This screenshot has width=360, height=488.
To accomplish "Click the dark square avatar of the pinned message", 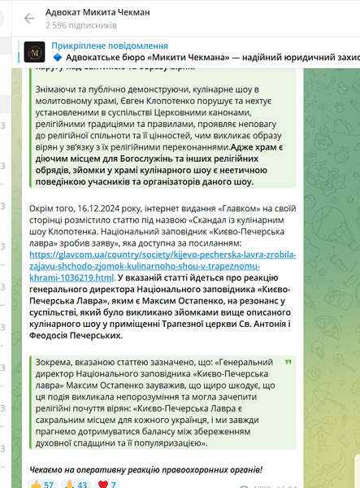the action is coord(34,52).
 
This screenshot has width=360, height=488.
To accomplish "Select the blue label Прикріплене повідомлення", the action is coord(110,46).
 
